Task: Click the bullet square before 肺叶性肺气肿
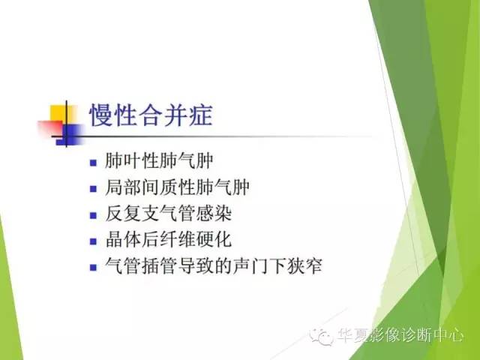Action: [93, 162]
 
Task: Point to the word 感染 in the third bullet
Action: [216, 214]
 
